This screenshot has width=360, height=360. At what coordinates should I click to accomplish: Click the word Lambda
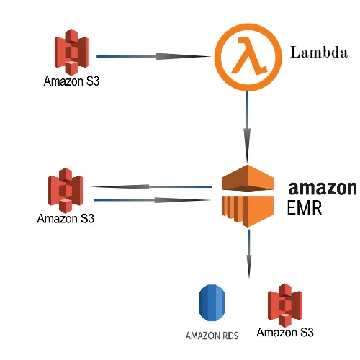[x=318, y=53]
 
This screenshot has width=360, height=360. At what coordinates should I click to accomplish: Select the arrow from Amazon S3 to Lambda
[x=155, y=55]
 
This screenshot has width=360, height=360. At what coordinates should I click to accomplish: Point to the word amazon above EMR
[x=322, y=188]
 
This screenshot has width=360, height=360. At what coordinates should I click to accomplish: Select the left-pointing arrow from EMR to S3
[x=151, y=187]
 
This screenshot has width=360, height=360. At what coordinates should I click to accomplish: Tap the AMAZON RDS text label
[x=212, y=336]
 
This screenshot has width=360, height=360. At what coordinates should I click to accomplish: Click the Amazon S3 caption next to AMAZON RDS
[x=285, y=333]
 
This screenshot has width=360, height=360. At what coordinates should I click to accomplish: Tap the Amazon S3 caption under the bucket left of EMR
[x=66, y=218]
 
